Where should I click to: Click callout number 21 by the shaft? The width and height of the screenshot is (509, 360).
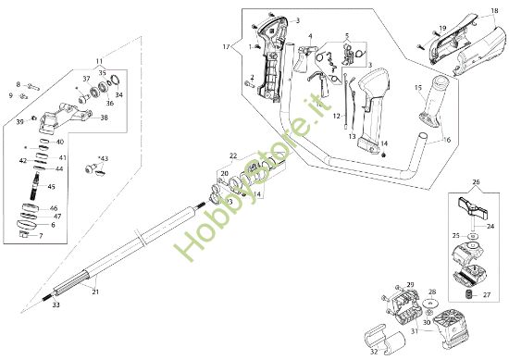[95, 292]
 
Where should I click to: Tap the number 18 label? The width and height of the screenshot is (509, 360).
[481, 10]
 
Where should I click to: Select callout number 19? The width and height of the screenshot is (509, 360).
[442, 28]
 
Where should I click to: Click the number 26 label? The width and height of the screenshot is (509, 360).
[477, 182]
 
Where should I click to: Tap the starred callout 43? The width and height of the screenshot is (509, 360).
[103, 159]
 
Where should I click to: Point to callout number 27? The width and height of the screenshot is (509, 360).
[487, 294]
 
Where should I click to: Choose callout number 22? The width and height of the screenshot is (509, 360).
[233, 155]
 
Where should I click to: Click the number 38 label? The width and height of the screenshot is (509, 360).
[103, 118]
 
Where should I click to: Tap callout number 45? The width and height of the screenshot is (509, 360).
[51, 187]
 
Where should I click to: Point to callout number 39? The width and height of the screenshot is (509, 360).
[20, 121]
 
